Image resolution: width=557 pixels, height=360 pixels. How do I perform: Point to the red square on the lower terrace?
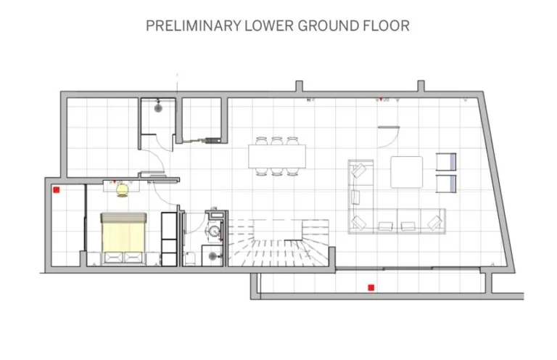pos(371,287)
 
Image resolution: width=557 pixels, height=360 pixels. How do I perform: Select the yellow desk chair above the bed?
pos(122,189)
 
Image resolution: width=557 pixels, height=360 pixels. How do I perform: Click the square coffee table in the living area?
pos(407,172)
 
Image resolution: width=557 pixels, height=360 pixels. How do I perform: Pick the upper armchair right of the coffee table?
pos(445,162)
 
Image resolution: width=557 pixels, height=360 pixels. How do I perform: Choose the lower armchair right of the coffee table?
pos(445,183)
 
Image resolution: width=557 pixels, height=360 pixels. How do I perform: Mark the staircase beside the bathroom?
pos(279,243)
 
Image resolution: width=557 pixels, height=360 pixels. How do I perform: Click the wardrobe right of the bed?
pos(168,238)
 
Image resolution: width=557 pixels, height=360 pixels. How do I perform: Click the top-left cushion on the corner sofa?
pos(359,171)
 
